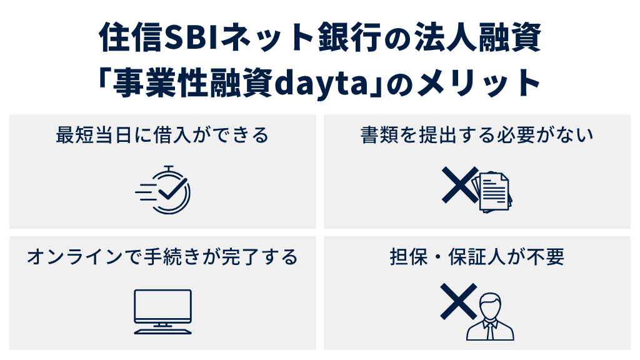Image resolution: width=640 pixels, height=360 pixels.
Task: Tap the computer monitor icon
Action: tap(163, 306)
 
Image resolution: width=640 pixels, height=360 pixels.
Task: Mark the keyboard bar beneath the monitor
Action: tap(163, 329)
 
